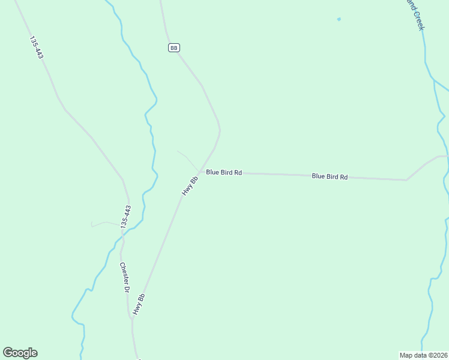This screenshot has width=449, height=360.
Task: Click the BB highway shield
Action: click(174, 47)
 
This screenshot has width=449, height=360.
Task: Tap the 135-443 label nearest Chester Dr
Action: click(125, 217)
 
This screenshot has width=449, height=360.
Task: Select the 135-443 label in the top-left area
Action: click(36, 47)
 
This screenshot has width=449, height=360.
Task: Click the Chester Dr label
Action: click(125, 278)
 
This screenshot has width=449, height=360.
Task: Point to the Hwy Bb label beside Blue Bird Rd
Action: click(190, 186)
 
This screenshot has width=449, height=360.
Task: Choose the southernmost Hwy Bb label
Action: click(139, 305)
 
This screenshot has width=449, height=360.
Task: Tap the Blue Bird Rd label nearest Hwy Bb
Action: click(224, 172)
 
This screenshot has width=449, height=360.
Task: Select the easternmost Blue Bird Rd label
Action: click(330, 176)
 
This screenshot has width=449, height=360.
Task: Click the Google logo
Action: click(20, 353)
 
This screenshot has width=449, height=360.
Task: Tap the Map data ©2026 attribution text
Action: click(423, 355)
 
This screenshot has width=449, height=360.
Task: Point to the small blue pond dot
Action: click(339, 19)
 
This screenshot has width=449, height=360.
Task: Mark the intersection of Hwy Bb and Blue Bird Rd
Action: click(200, 171)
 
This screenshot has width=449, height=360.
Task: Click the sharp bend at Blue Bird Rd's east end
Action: click(406, 179)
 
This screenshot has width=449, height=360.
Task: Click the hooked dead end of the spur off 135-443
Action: click(92, 226)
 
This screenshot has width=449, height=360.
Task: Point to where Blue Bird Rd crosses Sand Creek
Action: click(444, 156)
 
